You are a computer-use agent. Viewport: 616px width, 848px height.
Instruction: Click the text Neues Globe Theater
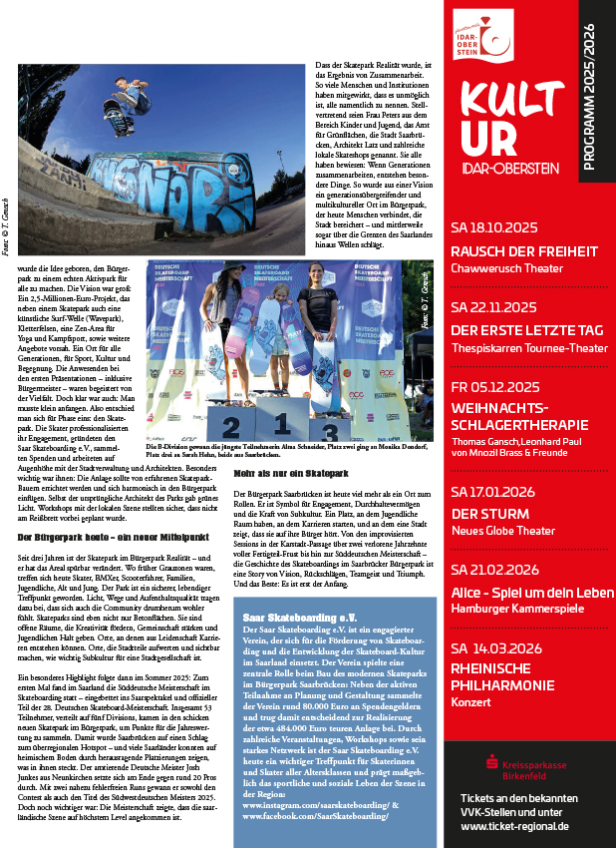coord(501,531)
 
